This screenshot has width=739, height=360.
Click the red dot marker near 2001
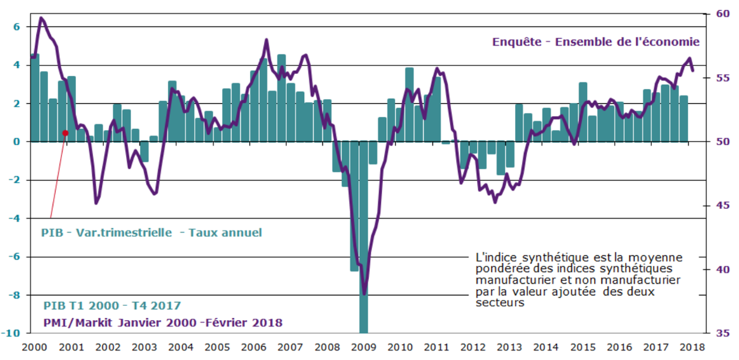pos(65,133)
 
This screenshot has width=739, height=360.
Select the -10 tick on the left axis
pos(14,333)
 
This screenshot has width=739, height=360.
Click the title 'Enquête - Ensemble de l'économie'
pos(596,42)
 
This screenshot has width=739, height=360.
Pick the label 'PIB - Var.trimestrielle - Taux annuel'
pos(151,233)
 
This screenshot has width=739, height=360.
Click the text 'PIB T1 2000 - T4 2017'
pos(112,306)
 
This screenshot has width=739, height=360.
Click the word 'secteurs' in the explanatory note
pos(500,303)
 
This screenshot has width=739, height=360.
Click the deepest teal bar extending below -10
pos(363,240)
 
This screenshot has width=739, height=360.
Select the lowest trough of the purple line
pos(364,293)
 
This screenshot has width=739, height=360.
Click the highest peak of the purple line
pos(41,18)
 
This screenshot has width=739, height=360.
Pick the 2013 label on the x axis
pos(507,347)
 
